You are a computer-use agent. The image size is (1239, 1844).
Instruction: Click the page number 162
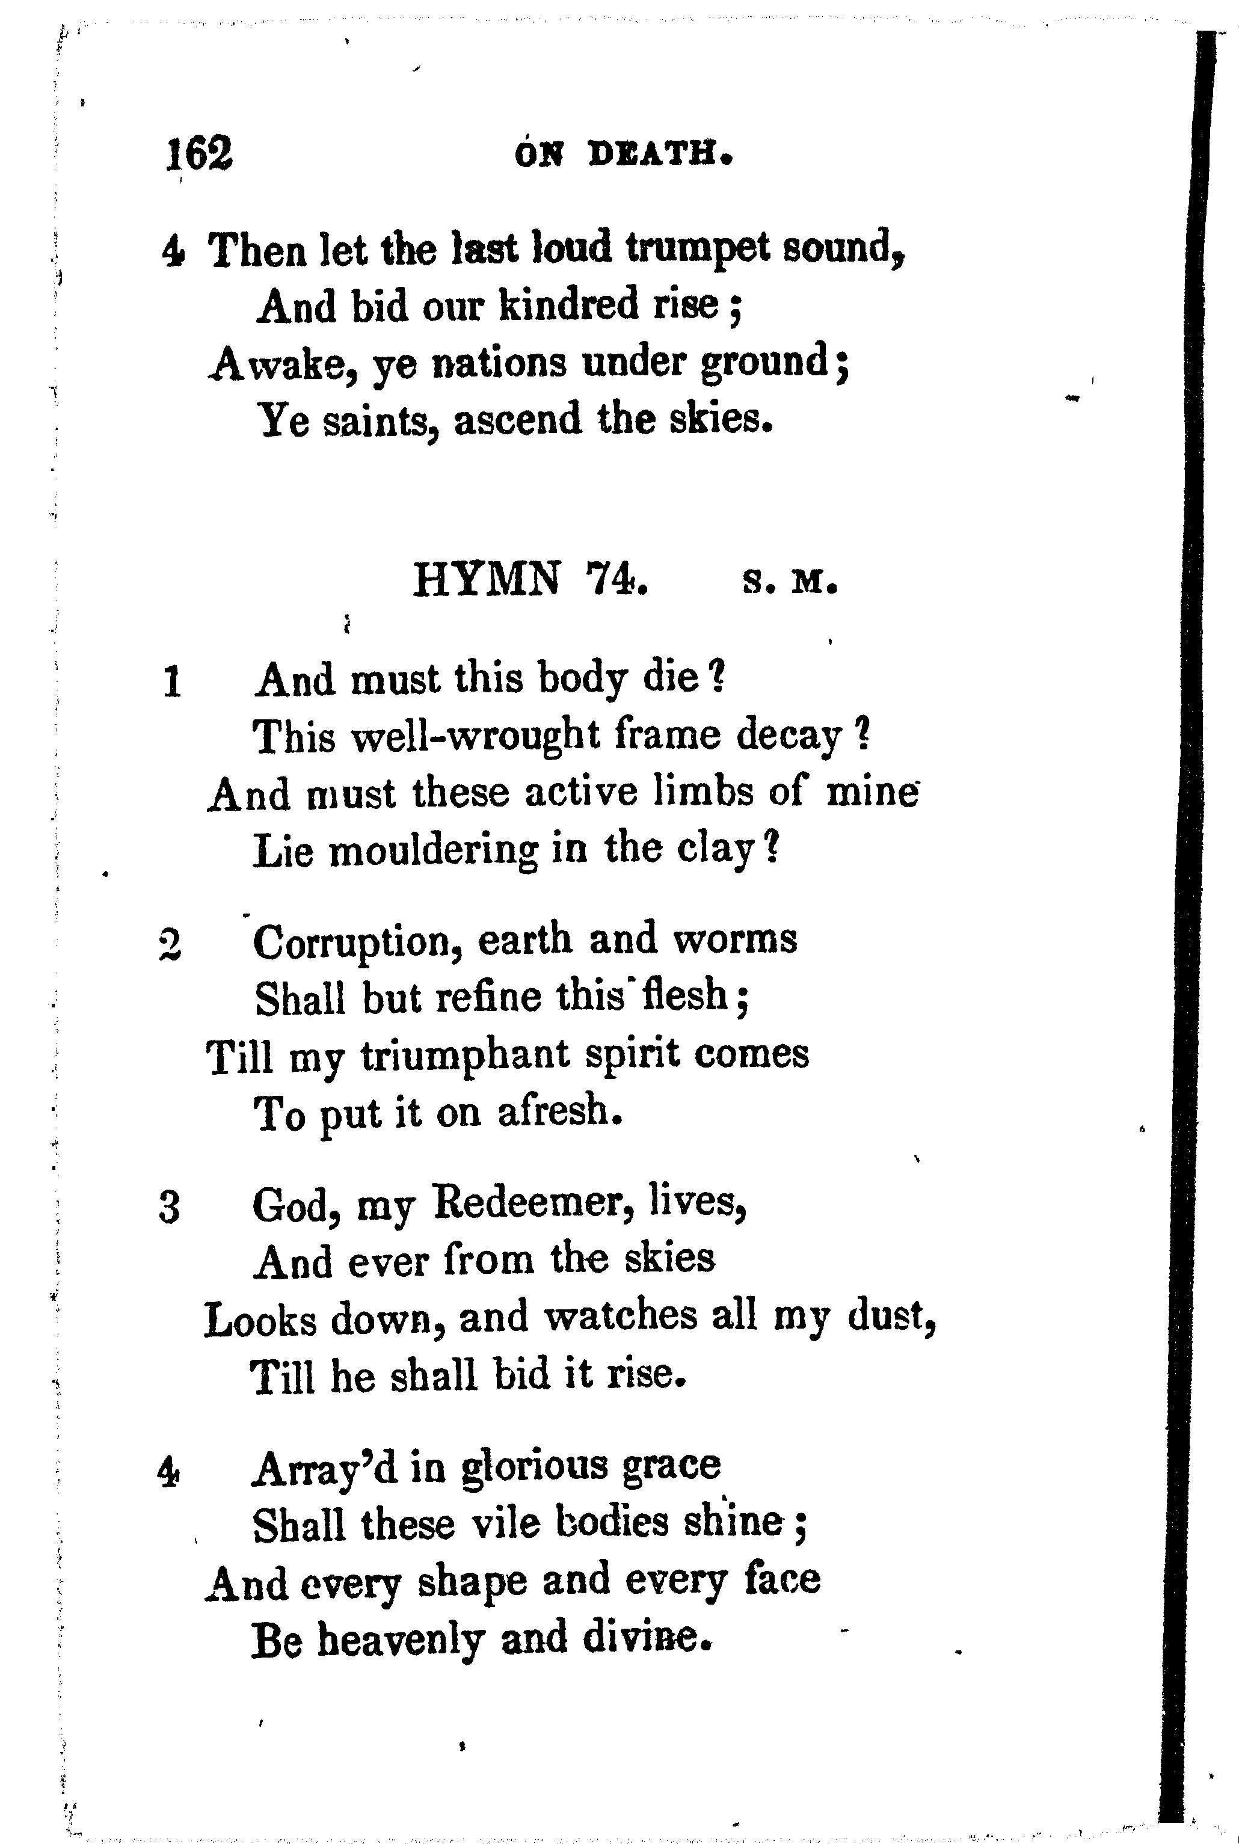(199, 153)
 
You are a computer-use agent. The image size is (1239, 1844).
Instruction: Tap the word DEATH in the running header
(660, 154)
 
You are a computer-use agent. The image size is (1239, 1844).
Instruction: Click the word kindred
(570, 305)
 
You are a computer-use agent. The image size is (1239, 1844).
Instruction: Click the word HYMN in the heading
(486, 580)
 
